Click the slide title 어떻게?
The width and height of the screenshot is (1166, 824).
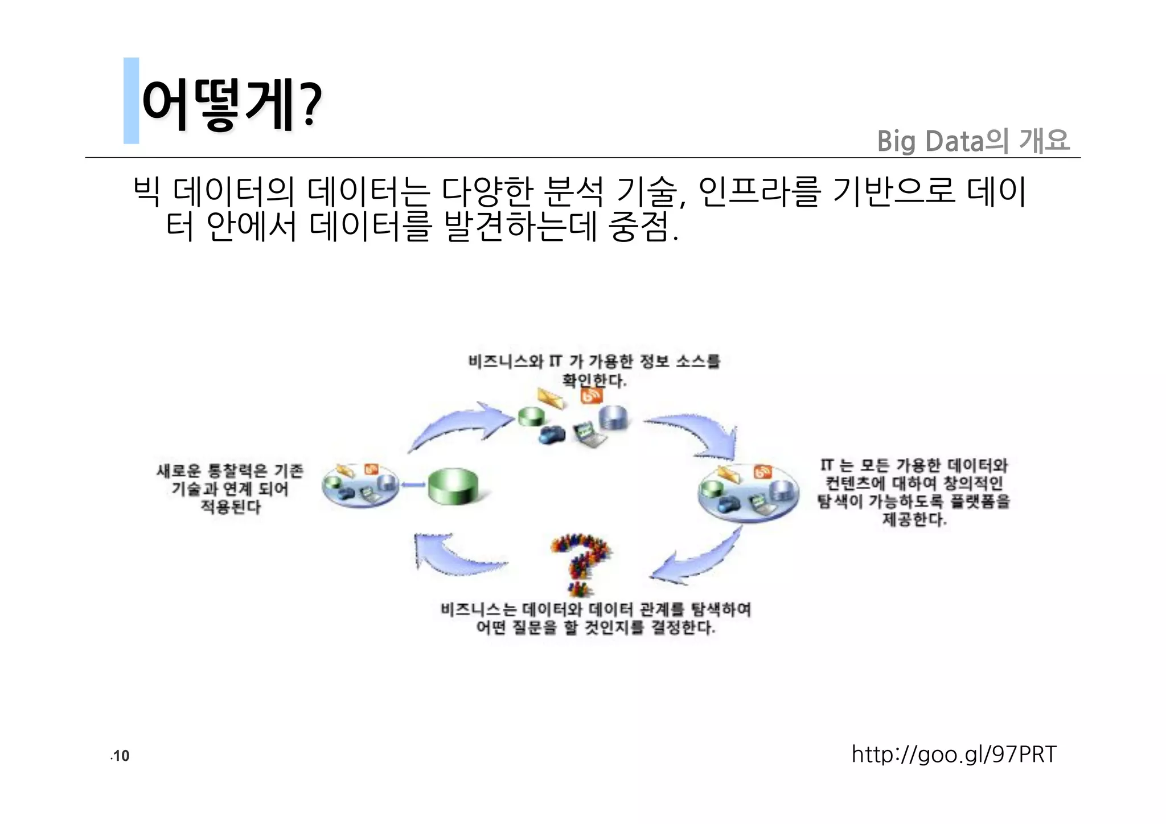tap(231, 104)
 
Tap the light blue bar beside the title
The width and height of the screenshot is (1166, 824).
tap(131, 100)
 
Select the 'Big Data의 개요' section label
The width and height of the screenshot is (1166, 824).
tap(973, 141)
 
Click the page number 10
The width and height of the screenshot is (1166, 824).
tap(121, 756)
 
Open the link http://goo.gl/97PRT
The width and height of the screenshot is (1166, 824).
tap(954, 754)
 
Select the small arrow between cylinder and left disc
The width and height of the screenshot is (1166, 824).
tap(413, 485)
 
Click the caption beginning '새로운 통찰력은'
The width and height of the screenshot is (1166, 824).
tap(230, 489)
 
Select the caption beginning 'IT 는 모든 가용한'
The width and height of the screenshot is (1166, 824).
tap(913, 492)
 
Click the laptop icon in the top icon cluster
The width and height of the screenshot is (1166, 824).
tap(589, 434)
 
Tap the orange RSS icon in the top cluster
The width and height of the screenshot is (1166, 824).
tap(591, 395)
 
